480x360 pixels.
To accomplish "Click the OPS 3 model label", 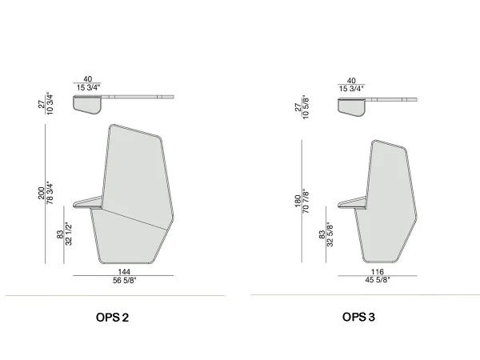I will click(x=358, y=318).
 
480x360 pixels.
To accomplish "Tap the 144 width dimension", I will click(x=124, y=272).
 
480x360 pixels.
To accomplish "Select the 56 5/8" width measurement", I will click(x=124, y=281).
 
